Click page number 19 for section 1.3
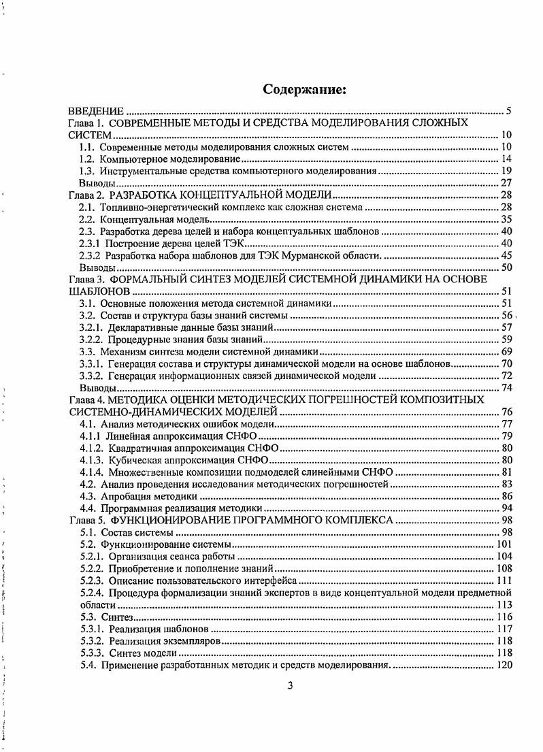coord(506,171)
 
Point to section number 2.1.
coord(88,208)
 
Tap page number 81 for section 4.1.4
coord(506,472)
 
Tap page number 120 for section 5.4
coord(504,665)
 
